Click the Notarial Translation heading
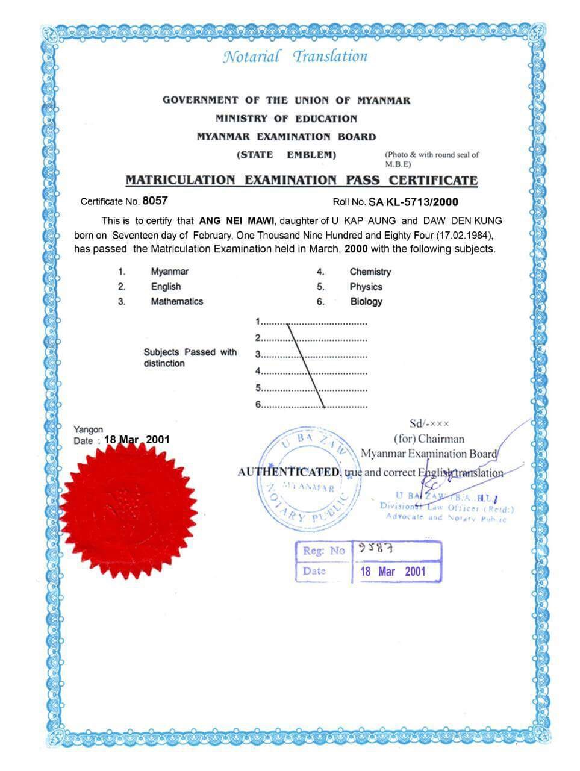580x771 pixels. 295,57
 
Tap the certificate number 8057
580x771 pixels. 155,201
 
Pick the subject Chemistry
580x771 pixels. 370,272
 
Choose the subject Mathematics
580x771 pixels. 176,301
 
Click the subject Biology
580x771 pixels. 366,301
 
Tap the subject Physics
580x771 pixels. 366,287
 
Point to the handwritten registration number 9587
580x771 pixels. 376,548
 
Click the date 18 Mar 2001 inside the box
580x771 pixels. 393,571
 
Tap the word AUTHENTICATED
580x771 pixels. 290,472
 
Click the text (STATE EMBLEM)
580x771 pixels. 286,155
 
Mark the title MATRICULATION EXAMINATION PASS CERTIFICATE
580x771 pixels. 301,179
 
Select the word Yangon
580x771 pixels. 88,429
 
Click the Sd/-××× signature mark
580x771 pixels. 429,424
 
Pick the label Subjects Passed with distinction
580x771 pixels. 190,357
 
